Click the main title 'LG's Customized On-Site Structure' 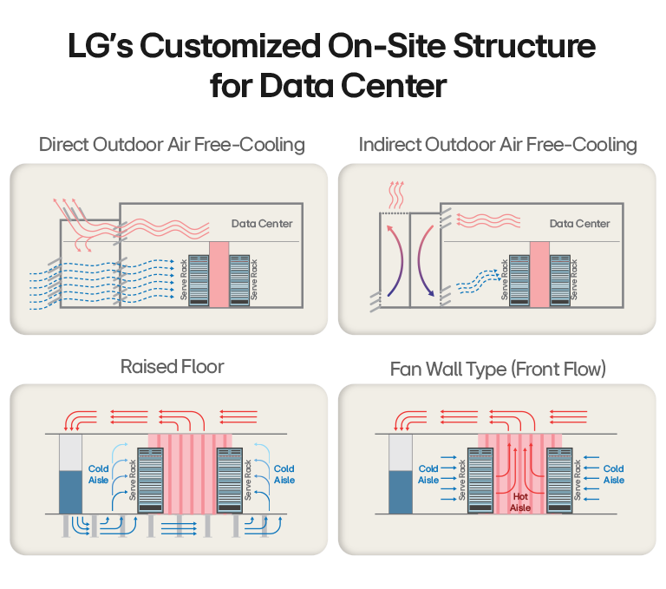pyautogui.click(x=332, y=47)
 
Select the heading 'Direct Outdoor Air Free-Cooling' pyautogui.click(x=172, y=145)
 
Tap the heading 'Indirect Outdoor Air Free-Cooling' pyautogui.click(x=498, y=145)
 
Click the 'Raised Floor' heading pyautogui.click(x=172, y=367)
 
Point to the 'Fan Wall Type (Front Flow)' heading pyautogui.click(x=498, y=370)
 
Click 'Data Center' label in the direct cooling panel pyautogui.click(x=262, y=224)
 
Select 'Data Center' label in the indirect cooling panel pyautogui.click(x=580, y=224)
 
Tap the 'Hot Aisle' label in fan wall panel pyautogui.click(x=519, y=502)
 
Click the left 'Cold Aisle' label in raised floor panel pyautogui.click(x=98, y=474)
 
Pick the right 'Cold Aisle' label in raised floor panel pyautogui.click(x=284, y=474)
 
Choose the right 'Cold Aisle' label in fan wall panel pyautogui.click(x=613, y=474)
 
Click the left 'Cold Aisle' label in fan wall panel pyautogui.click(x=428, y=474)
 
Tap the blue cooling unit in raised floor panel pyautogui.click(x=69, y=491)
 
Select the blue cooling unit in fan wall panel pyautogui.click(x=400, y=491)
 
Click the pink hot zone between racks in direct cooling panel pyautogui.click(x=219, y=272)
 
